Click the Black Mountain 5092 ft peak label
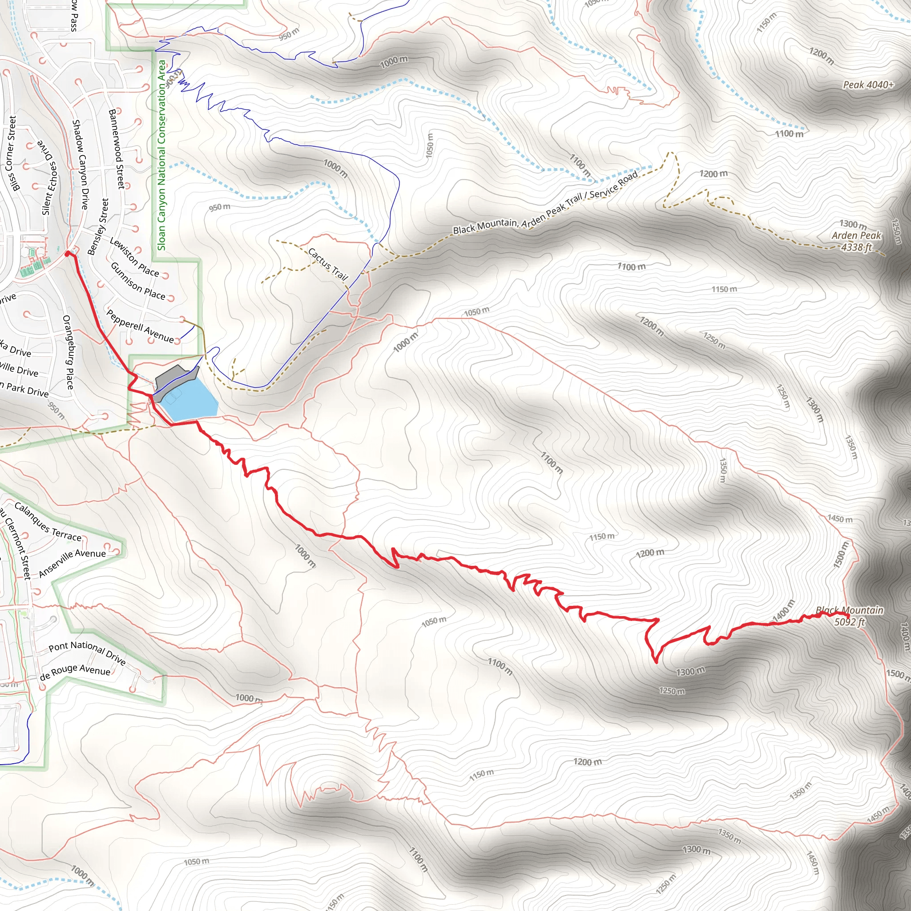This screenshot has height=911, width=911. coord(849,616)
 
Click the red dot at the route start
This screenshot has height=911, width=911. coord(68,254)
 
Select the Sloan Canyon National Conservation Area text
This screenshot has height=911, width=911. coord(162,156)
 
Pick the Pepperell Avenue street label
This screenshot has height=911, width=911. coord(140,326)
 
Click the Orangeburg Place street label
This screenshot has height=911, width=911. coord(69,352)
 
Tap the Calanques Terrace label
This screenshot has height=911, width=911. coord(48,521)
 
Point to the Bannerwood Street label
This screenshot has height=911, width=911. coord(117,149)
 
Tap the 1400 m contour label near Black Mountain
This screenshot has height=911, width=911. coord(783,611)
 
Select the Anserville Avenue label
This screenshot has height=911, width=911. coord(72,562)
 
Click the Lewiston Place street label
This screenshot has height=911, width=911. coord(134,257)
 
